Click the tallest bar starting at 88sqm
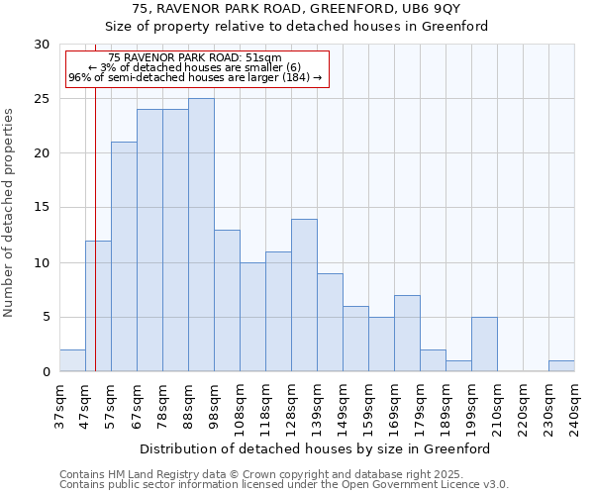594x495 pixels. click(x=201, y=235)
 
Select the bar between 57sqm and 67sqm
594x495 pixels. click(x=124, y=256)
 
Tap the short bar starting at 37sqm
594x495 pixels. click(x=72, y=360)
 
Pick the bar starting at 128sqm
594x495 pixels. click(x=304, y=295)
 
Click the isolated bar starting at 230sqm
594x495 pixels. click(x=561, y=365)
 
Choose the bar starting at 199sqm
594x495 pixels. click(x=484, y=344)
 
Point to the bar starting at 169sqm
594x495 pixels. click(x=407, y=333)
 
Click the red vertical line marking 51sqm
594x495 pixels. click(x=95, y=247)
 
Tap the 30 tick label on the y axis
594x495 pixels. click(x=41, y=45)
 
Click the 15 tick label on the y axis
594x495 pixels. click(x=41, y=208)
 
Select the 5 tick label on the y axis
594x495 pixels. click(x=45, y=317)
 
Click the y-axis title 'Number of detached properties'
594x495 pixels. click(x=10, y=213)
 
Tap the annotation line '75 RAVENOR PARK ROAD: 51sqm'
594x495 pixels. click(x=196, y=58)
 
